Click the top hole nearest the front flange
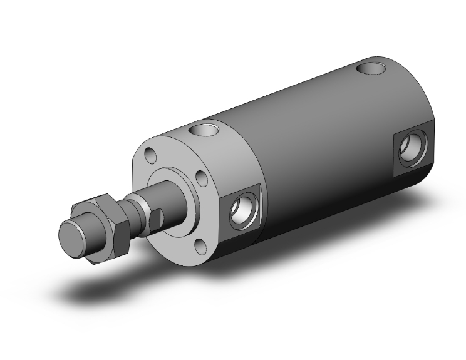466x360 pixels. (202, 131)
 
